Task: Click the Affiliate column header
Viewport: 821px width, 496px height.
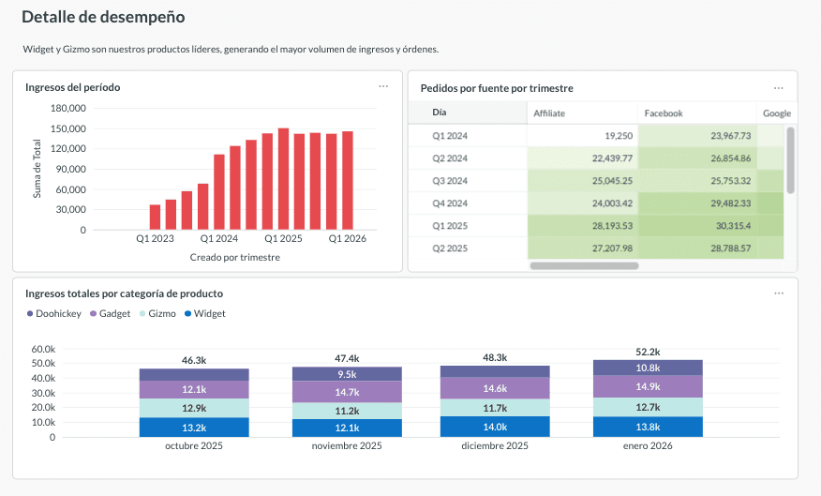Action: point(549,113)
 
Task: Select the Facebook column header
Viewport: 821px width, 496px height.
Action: point(664,113)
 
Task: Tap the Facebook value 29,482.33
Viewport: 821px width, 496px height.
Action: point(718,203)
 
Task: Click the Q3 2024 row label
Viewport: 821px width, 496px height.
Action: point(450,181)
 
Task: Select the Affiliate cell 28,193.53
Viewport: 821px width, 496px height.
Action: point(606,226)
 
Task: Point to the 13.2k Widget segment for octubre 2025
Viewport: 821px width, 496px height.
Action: point(194,428)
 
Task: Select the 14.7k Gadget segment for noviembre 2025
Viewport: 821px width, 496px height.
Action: point(347,392)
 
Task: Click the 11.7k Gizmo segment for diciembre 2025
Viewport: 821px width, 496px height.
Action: point(495,408)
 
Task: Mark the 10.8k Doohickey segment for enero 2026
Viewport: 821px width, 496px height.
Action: point(648,368)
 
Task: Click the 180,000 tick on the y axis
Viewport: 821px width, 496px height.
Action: point(68,108)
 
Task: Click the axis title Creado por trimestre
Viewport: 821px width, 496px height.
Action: point(234,257)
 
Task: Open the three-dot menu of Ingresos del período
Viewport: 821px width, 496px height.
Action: point(383,86)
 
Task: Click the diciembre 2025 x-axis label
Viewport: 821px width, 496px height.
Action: point(495,445)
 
